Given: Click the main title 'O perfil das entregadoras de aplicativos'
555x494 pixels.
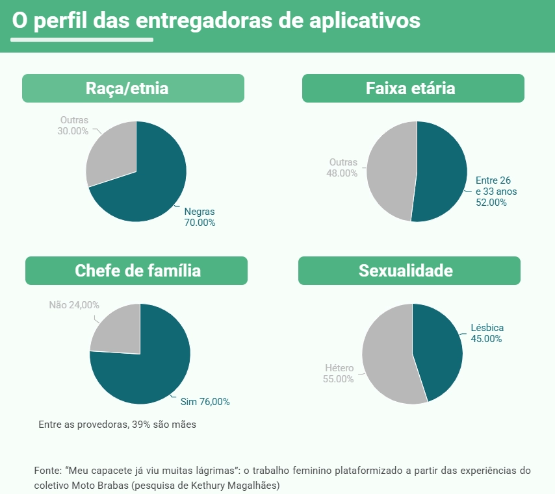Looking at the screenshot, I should point(216,21).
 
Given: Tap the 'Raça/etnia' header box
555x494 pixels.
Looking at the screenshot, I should point(133,88).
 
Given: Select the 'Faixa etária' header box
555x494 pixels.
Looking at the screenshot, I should point(413,88).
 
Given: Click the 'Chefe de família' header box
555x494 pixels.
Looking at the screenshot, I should point(136,271).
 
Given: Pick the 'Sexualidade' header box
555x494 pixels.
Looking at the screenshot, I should point(409,271).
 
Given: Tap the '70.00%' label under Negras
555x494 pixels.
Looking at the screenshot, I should point(200,223).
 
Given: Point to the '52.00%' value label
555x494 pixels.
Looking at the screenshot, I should point(491,202).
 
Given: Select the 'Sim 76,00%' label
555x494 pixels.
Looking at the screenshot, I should point(205,402).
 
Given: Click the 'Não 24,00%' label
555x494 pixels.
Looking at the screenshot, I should point(74,304).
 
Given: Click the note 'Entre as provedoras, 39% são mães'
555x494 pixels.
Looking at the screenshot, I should point(117,425).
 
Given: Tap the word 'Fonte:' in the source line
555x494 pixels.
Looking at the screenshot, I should point(47,470).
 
